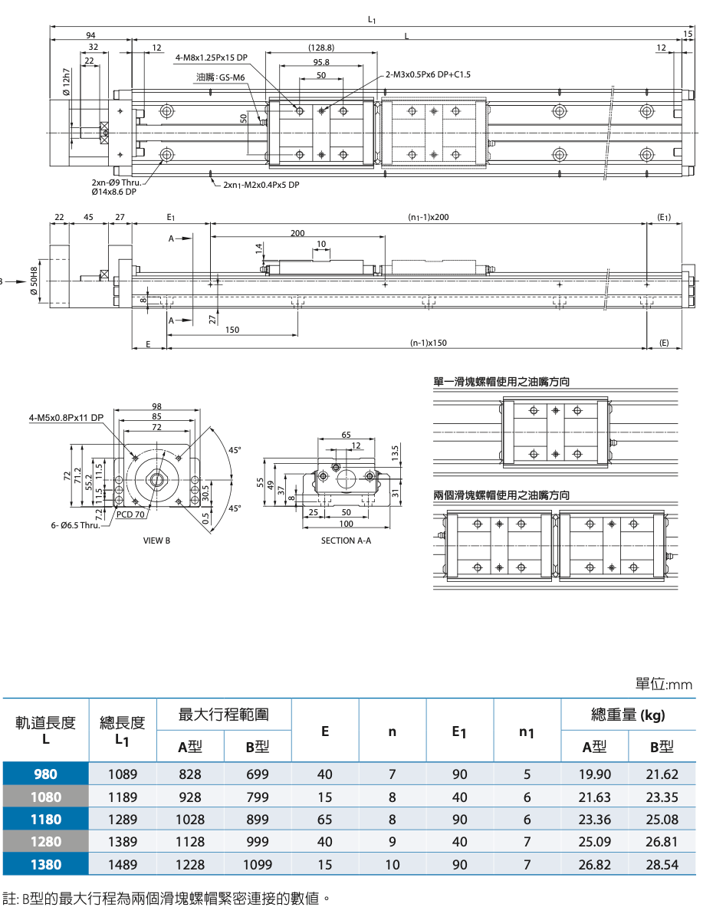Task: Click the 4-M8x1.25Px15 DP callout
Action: click(212, 58)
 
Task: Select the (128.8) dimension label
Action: click(321, 48)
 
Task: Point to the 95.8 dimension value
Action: click(321, 62)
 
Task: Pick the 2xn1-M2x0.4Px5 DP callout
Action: click(261, 185)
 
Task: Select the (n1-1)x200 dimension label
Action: click(428, 217)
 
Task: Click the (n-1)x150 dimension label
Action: click(428, 343)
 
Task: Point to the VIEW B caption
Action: click(156, 541)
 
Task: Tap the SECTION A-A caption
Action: click(346, 541)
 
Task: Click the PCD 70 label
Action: click(131, 514)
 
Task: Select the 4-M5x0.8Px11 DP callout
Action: click(66, 418)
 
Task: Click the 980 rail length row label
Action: click(46, 774)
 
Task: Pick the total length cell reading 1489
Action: click(123, 864)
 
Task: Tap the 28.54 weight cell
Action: click(662, 864)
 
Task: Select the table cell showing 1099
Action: click(258, 864)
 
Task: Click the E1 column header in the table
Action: click(459, 731)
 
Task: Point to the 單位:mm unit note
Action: click(664, 684)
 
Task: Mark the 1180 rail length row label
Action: click(46, 820)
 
